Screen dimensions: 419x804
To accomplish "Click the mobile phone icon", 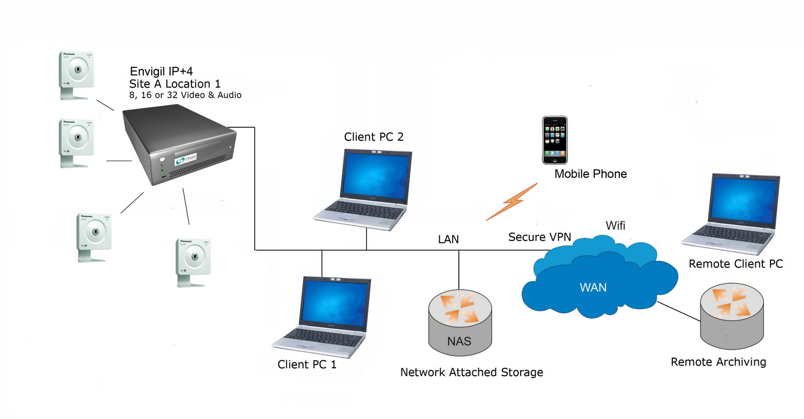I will coord(555,140).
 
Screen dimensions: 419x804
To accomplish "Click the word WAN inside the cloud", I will coord(593,288).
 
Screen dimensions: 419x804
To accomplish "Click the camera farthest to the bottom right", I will coord(193,262).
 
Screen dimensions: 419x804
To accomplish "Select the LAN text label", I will coord(448,239).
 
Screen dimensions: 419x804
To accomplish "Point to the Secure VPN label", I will coord(540,237).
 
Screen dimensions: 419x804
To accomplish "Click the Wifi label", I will coord(616,225).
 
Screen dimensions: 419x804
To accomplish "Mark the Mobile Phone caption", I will coord(590,174).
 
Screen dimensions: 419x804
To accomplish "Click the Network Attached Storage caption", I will coord(471,372).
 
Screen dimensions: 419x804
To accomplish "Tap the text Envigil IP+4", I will coord(161,71).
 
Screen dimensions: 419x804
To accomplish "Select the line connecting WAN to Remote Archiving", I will coord(678,310).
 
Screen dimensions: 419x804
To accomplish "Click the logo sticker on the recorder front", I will coord(185,159).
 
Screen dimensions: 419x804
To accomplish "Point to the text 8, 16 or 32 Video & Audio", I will coord(185,95).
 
